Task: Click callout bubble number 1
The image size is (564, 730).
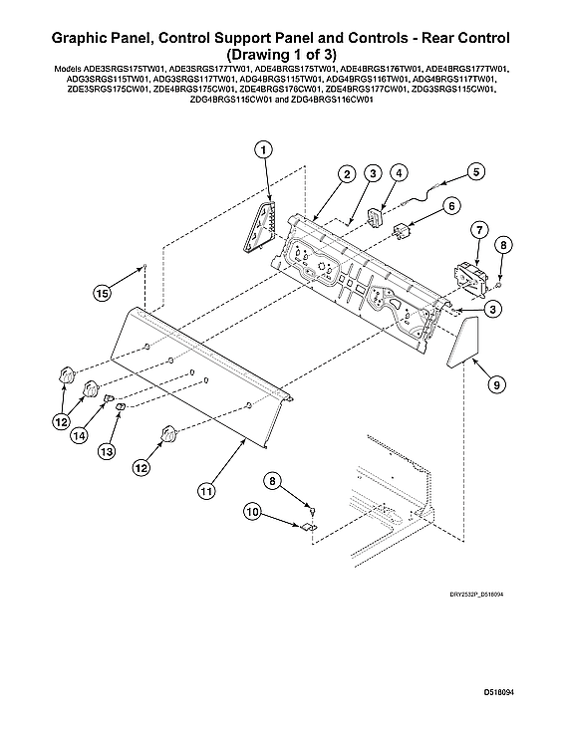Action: pos(264,150)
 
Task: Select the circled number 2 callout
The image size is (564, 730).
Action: pos(346,174)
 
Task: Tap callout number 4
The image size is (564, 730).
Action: pos(398,173)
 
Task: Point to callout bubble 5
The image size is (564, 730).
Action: pos(475,171)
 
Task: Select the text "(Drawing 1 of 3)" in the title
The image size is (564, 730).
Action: pos(280,54)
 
